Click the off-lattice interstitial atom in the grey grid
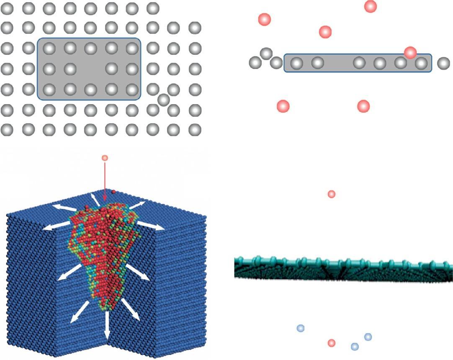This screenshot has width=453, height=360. click(x=164, y=99)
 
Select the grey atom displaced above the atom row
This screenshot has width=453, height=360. click(x=266, y=53)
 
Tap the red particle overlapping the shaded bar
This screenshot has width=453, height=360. click(x=410, y=52)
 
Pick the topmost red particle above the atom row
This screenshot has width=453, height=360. click(x=371, y=6)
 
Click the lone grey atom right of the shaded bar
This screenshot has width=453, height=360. click(x=443, y=63)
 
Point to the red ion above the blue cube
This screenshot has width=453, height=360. click(x=105, y=158)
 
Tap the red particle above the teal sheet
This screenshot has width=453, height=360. click(x=331, y=194)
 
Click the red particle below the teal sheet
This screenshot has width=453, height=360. click(x=331, y=343)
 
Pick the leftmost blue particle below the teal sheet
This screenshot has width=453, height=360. click(x=300, y=328)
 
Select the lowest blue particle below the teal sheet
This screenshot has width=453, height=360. click(x=355, y=346)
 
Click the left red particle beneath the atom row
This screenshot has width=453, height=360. click(x=283, y=106)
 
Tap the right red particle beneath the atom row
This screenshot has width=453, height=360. click(x=363, y=106)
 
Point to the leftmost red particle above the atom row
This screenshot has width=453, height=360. click(x=264, y=19)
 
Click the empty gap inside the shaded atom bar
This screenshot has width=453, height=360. click(x=338, y=63)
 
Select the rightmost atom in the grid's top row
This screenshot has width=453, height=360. click(x=153, y=8)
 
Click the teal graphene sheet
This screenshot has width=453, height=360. click(x=343, y=268)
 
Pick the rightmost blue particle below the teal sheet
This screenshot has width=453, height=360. click(x=368, y=337)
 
